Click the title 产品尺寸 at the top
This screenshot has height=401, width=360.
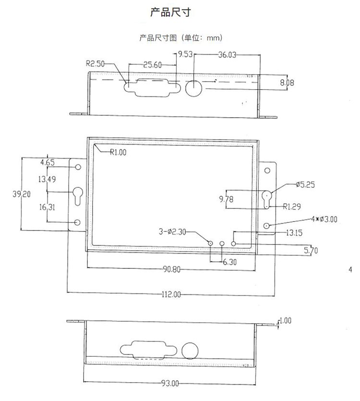click(x=171, y=12)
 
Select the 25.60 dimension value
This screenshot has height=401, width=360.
click(x=152, y=65)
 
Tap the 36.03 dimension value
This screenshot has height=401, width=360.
click(x=227, y=55)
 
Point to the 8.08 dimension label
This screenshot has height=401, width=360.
click(x=287, y=83)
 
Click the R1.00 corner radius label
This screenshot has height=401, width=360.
click(x=118, y=153)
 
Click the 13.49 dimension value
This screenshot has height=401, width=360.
click(x=47, y=179)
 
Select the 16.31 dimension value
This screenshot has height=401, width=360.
click(x=47, y=208)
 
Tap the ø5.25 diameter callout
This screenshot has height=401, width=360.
click(x=305, y=184)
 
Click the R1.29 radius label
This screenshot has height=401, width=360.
click(x=292, y=207)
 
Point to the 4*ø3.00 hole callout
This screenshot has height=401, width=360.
click(x=324, y=219)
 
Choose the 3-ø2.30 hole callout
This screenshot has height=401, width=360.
click(x=172, y=232)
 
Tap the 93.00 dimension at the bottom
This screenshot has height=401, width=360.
click(x=170, y=383)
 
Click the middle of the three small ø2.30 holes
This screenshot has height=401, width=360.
click(x=222, y=244)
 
